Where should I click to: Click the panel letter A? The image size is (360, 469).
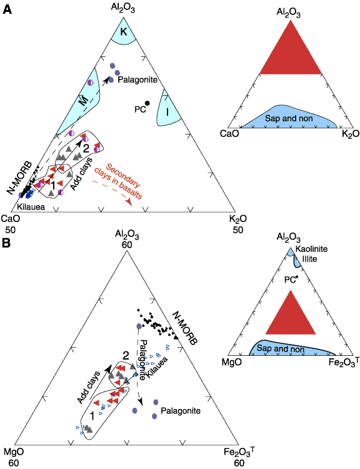pyautogui.click(x=7, y=9)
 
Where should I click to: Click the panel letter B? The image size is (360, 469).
pyautogui.click(x=7, y=243)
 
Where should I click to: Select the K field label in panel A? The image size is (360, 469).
pyautogui.click(x=124, y=32)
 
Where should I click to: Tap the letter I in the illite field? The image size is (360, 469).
pyautogui.click(x=167, y=112)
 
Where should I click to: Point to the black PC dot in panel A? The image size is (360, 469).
pyautogui.click(x=147, y=103)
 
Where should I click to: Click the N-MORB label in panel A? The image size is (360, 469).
pyautogui.click(x=19, y=178)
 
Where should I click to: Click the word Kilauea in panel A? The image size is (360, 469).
pyautogui.click(x=31, y=207)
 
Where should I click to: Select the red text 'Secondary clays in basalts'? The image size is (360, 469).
pyautogui.click(x=119, y=181)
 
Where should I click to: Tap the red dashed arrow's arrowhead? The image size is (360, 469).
pyautogui.click(x=129, y=202)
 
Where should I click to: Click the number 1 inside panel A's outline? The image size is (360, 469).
pyautogui.click(x=53, y=186)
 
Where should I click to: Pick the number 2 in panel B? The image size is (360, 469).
pyautogui.click(x=126, y=356)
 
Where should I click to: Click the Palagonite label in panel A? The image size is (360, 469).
pyautogui.click(x=137, y=80)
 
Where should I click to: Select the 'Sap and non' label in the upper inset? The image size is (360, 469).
pyautogui.click(x=289, y=118)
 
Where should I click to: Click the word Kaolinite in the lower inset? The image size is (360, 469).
pyautogui.click(x=311, y=249)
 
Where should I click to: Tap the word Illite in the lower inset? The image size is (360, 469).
pyautogui.click(x=309, y=259)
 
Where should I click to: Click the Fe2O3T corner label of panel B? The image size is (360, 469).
pyautogui.click(x=239, y=452)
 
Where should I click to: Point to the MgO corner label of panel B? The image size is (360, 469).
pyautogui.click(x=14, y=451)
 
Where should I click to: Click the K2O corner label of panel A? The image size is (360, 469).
pyautogui.click(x=238, y=219)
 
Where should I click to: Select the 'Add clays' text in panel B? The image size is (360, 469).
pyautogui.click(x=89, y=388)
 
